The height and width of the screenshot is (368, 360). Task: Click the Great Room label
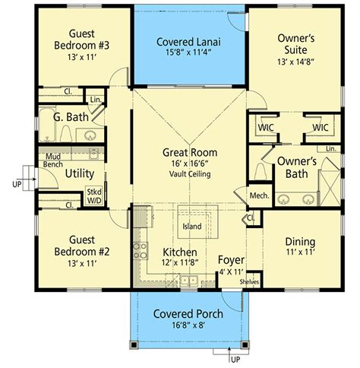tap(190, 153)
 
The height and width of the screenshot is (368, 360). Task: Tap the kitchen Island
tap(197, 222)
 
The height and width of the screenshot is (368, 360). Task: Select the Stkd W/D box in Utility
tap(94, 196)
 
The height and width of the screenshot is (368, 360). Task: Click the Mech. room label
tap(259, 195)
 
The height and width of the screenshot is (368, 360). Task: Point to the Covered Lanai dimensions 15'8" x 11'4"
tap(188, 52)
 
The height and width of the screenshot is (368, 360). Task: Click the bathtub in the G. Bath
tap(47, 125)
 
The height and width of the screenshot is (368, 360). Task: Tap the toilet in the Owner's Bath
tap(260, 171)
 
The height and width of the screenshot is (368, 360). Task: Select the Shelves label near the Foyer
tap(249, 281)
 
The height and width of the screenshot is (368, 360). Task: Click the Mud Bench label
tap(53, 160)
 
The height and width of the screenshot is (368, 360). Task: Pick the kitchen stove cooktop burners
tap(141, 251)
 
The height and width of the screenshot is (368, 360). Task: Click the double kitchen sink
tap(189, 281)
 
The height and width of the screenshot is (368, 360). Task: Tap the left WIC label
tap(266, 127)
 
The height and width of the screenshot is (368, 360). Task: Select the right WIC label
tap(321, 127)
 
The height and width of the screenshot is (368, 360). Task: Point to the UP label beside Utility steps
tap(17, 184)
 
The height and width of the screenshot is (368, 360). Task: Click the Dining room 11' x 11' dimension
tap(301, 252)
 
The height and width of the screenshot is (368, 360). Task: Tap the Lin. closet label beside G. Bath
tap(96, 100)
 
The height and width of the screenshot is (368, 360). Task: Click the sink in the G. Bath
tap(90, 135)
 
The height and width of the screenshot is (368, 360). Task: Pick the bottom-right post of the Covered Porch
tap(245, 344)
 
